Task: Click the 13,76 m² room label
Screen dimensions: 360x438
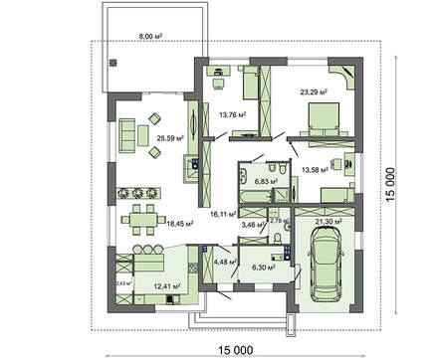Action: click(x=231, y=114)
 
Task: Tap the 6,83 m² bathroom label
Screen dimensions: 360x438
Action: click(x=265, y=182)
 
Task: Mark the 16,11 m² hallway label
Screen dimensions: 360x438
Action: click(x=222, y=213)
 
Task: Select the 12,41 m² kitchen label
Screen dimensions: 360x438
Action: click(x=165, y=286)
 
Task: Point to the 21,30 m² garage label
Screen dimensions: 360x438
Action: click(x=328, y=220)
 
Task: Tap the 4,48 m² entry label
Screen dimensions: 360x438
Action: click(x=225, y=262)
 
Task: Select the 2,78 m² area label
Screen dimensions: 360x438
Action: click(x=279, y=221)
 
